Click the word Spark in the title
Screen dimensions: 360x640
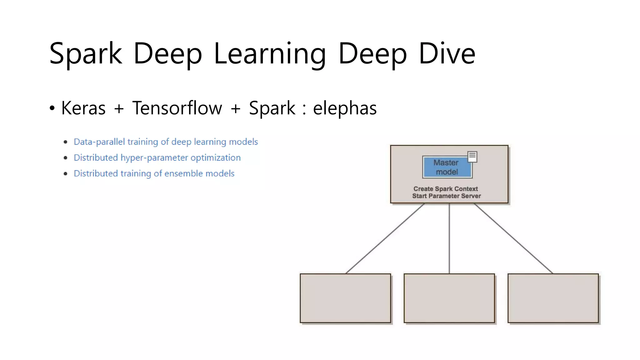(85, 54)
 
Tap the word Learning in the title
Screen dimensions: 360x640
(270, 54)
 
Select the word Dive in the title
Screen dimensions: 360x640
(447, 54)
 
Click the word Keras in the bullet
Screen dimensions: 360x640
(83, 108)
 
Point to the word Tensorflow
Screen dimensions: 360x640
(177, 108)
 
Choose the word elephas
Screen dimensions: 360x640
(345, 108)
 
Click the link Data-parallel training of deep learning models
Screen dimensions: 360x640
(166, 142)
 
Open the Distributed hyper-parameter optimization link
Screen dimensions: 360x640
(157, 157)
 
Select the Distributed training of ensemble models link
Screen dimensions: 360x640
(154, 173)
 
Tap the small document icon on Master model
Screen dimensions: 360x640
(472, 156)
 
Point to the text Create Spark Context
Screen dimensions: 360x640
(446, 189)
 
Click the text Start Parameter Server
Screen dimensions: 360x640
(446, 196)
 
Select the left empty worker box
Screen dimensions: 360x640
(345, 298)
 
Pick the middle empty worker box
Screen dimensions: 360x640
(449, 298)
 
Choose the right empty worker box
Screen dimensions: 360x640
(553, 298)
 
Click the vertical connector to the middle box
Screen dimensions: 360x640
(449, 238)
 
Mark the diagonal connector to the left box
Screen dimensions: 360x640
(385, 238)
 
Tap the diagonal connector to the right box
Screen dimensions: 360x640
(513, 238)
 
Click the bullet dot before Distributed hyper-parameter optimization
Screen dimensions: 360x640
(65, 158)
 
